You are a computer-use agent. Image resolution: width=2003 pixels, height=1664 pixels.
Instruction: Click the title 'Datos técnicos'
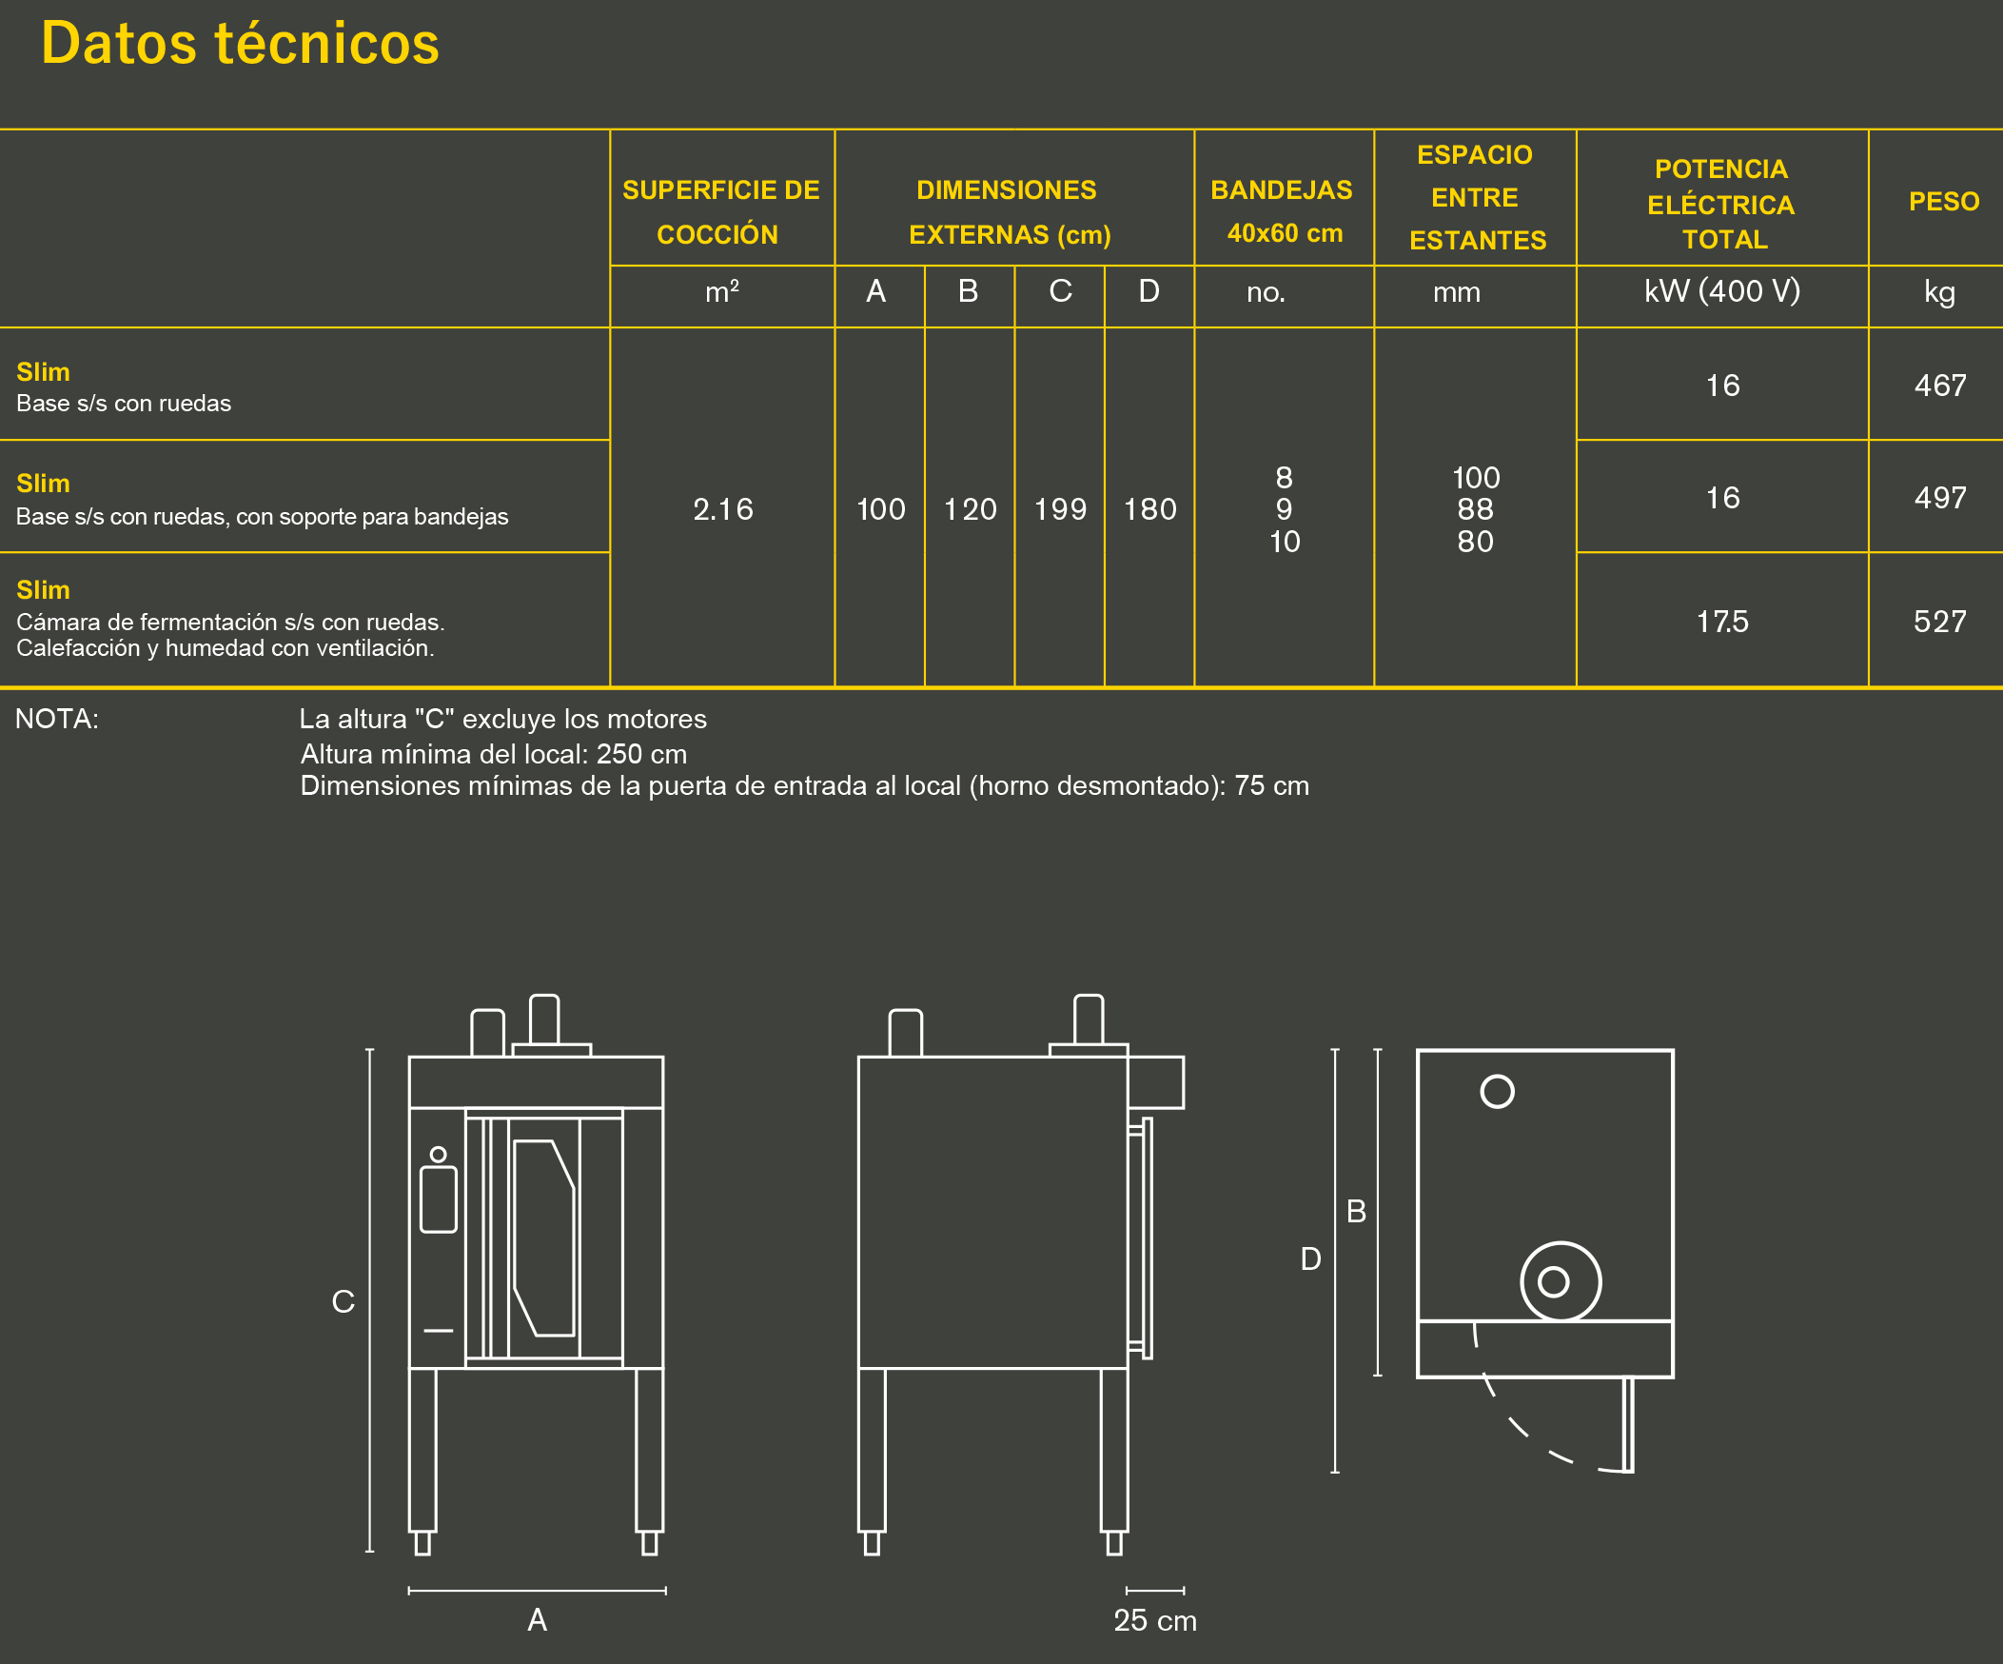click(240, 44)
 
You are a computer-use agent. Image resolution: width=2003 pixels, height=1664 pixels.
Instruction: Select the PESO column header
click(1943, 201)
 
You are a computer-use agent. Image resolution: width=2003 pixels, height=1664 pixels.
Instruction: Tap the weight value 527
click(1939, 622)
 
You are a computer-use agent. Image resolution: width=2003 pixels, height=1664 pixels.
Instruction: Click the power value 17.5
click(1721, 622)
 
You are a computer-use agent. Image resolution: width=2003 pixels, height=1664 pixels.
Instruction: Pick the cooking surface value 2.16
click(722, 509)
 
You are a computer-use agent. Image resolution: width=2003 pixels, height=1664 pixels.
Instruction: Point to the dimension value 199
click(1060, 509)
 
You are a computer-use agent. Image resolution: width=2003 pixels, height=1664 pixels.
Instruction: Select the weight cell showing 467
click(1939, 386)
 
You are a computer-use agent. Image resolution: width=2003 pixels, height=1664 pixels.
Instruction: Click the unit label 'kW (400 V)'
click(1721, 291)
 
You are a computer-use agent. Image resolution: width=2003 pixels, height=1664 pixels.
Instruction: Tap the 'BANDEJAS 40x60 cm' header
click(1282, 211)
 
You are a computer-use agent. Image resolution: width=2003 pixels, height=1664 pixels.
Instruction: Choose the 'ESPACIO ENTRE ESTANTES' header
click(1475, 197)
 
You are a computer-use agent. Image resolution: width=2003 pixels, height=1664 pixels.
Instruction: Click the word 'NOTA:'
click(57, 719)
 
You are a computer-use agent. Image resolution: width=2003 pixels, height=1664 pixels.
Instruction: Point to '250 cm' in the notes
click(641, 754)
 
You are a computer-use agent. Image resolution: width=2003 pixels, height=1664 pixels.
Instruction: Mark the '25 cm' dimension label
click(1154, 1620)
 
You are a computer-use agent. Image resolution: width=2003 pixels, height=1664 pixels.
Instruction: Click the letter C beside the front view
click(343, 1301)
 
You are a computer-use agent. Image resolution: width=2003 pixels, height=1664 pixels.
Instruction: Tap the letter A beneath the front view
click(537, 1619)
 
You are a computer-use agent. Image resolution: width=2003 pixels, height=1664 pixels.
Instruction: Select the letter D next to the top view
click(1310, 1259)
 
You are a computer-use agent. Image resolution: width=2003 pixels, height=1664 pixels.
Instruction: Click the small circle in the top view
click(1497, 1092)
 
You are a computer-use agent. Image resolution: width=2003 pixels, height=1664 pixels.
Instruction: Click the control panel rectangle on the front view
click(438, 1199)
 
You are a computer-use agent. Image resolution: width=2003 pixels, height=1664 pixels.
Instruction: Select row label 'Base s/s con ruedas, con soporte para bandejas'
click(263, 516)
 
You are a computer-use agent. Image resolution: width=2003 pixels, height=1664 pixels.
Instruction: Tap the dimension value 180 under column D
click(1149, 509)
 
